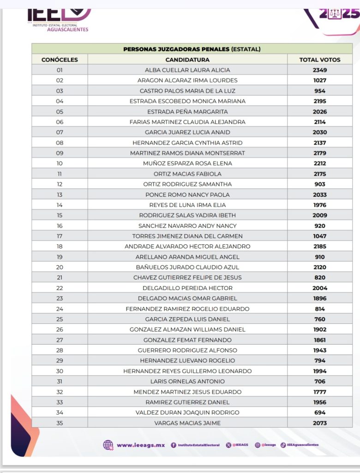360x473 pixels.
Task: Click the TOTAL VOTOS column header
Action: (x=319, y=60)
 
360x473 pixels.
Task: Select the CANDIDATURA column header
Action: (x=187, y=60)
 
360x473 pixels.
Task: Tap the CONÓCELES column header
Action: (x=60, y=60)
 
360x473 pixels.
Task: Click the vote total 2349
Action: (x=319, y=70)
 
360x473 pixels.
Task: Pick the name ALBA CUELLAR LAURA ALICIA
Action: (x=187, y=70)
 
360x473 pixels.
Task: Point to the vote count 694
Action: (x=319, y=412)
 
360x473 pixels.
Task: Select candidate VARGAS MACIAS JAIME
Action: (x=187, y=423)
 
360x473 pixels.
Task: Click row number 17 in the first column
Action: (x=60, y=236)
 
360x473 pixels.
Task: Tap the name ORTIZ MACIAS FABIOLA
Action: (x=187, y=174)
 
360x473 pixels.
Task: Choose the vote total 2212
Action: (x=319, y=164)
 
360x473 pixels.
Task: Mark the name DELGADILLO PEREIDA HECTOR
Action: (x=187, y=288)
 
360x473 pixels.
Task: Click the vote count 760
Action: (x=319, y=319)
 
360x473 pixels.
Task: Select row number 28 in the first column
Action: (x=60, y=350)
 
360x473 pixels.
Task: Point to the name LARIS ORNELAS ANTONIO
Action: (x=187, y=382)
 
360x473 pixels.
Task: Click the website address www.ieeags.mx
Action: (x=141, y=445)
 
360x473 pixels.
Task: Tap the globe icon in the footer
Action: (x=108, y=445)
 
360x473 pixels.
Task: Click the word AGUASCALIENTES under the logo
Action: (x=67, y=30)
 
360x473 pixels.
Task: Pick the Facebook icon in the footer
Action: (x=174, y=445)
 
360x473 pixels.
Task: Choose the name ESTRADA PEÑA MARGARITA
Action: (x=187, y=112)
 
